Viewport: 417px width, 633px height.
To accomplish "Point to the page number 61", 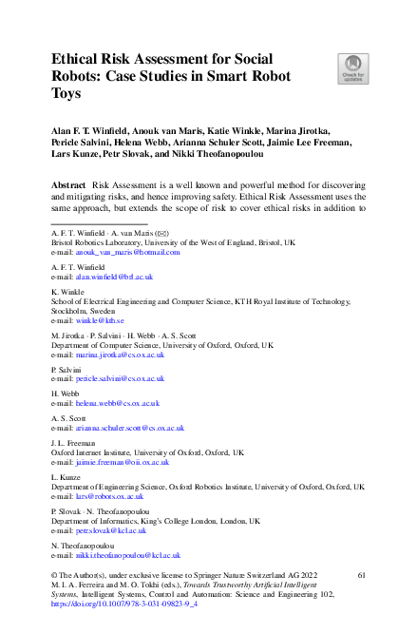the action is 361,576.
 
